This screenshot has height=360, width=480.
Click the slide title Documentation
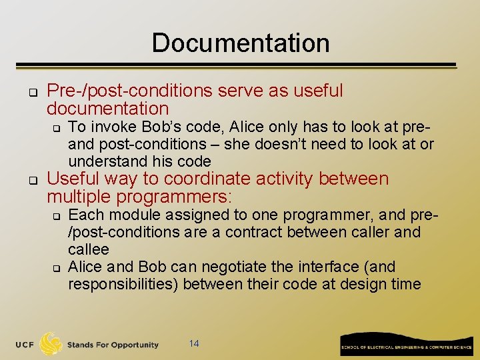coord(241,43)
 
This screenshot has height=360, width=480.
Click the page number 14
coord(194,343)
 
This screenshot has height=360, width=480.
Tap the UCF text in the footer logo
coord(26,345)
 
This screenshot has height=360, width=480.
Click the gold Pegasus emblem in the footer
coord(51,344)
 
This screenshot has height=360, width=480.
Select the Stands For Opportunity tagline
coord(113,345)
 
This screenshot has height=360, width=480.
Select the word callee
coord(88,249)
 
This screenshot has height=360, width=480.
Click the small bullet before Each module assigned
coord(57,215)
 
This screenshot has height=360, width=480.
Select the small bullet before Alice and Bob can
coord(57,267)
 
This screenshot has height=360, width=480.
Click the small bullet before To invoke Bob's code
coord(57,127)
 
